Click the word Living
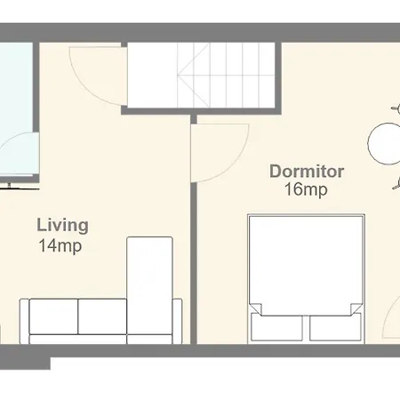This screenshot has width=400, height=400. click(x=62, y=226)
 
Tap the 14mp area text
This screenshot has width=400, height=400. click(x=60, y=245)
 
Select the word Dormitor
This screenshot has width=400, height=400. click(x=307, y=172)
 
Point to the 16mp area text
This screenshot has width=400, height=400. click(x=306, y=189)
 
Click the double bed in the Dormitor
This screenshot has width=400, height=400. click(x=306, y=278)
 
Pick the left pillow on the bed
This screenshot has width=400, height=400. click(x=276, y=328)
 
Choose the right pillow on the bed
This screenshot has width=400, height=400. click(x=335, y=328)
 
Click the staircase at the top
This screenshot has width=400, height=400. click(x=201, y=75)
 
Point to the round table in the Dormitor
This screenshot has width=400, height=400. click(x=384, y=143)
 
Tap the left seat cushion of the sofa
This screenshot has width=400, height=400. click(x=53, y=316)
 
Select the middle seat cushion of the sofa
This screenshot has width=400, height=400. click(x=102, y=316)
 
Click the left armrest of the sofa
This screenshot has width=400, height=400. click(x=24, y=322)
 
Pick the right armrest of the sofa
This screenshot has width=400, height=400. click(x=177, y=322)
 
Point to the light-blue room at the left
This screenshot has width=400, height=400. click(x=16, y=109)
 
